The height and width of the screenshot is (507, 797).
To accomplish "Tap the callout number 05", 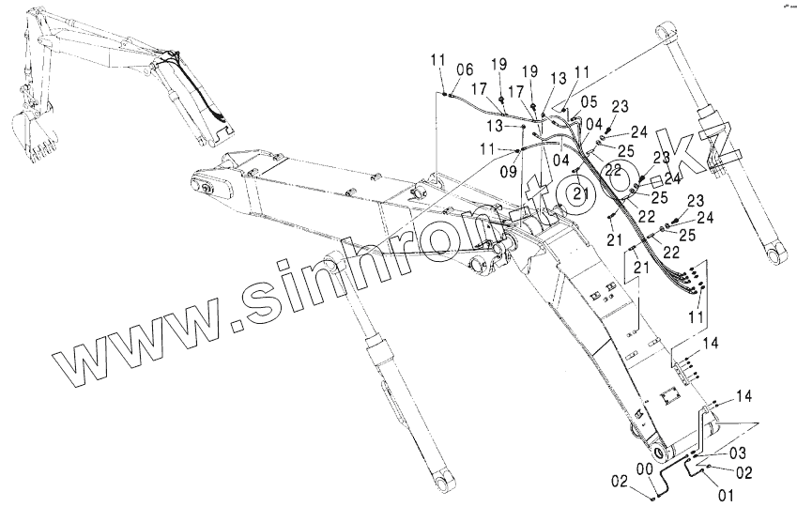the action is coord(589,100).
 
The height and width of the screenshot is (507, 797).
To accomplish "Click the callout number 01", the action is coord(726,492).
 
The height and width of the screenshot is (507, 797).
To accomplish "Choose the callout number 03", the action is coord(738,453).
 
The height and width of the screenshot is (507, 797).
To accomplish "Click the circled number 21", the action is coord(581,193).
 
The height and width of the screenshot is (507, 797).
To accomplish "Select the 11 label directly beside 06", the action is coord(438,61).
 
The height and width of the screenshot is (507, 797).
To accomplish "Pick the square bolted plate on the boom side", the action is coord(669,398).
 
